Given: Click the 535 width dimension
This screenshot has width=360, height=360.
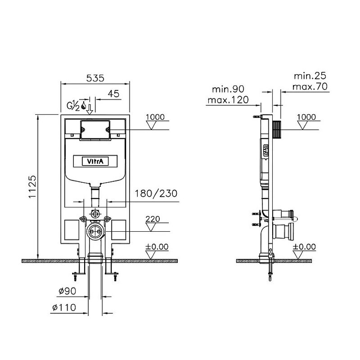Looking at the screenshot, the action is [95, 78].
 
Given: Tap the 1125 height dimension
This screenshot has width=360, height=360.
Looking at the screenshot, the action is [32, 187].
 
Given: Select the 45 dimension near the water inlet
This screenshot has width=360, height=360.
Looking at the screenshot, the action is [114, 94].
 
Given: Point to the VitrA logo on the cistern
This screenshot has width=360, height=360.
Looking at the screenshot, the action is [95, 161].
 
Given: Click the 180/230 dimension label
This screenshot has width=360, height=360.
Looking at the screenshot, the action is [156, 193].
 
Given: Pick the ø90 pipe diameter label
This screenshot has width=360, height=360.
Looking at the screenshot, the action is [67, 291].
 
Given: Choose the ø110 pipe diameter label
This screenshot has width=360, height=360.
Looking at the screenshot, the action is [64, 307].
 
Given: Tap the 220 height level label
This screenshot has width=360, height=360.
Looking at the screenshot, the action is [153, 219].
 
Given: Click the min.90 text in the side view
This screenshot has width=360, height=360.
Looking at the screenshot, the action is [228, 89].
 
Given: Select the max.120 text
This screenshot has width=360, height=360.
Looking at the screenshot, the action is [228, 100].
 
